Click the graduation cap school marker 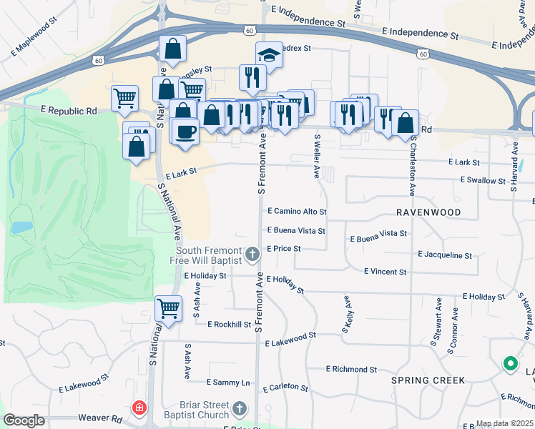point(269,55)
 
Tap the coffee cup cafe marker point(185,132)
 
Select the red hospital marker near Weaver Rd point(139,408)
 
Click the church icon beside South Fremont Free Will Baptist point(252,254)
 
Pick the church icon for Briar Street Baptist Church point(240,409)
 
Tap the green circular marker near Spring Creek point(510,365)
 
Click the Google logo point(24,420)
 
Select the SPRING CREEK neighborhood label point(428,380)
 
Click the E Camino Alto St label point(297,212)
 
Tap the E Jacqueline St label point(445,255)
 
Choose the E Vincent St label point(385,272)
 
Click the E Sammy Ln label point(229,383)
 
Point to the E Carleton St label point(285,388)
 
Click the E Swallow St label point(484,180)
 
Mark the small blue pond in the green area point(21,228)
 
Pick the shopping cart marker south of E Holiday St point(168,309)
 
